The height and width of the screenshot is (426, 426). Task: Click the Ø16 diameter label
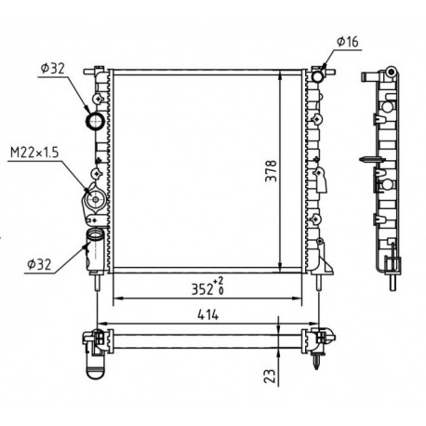[x=347, y=42]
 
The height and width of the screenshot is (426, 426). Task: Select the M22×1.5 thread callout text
[x=34, y=153]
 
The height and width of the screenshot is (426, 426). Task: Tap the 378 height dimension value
[x=271, y=171]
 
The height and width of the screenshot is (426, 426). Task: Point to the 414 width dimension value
[x=208, y=315]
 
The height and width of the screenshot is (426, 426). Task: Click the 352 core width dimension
[x=202, y=289]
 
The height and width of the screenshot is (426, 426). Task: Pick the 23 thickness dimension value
[x=270, y=376]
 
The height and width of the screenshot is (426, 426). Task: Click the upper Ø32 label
[x=52, y=69]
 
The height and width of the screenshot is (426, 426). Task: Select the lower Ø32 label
[x=39, y=264]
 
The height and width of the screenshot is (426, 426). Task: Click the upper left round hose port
[x=95, y=121]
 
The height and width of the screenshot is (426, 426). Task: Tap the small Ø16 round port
[x=317, y=76]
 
